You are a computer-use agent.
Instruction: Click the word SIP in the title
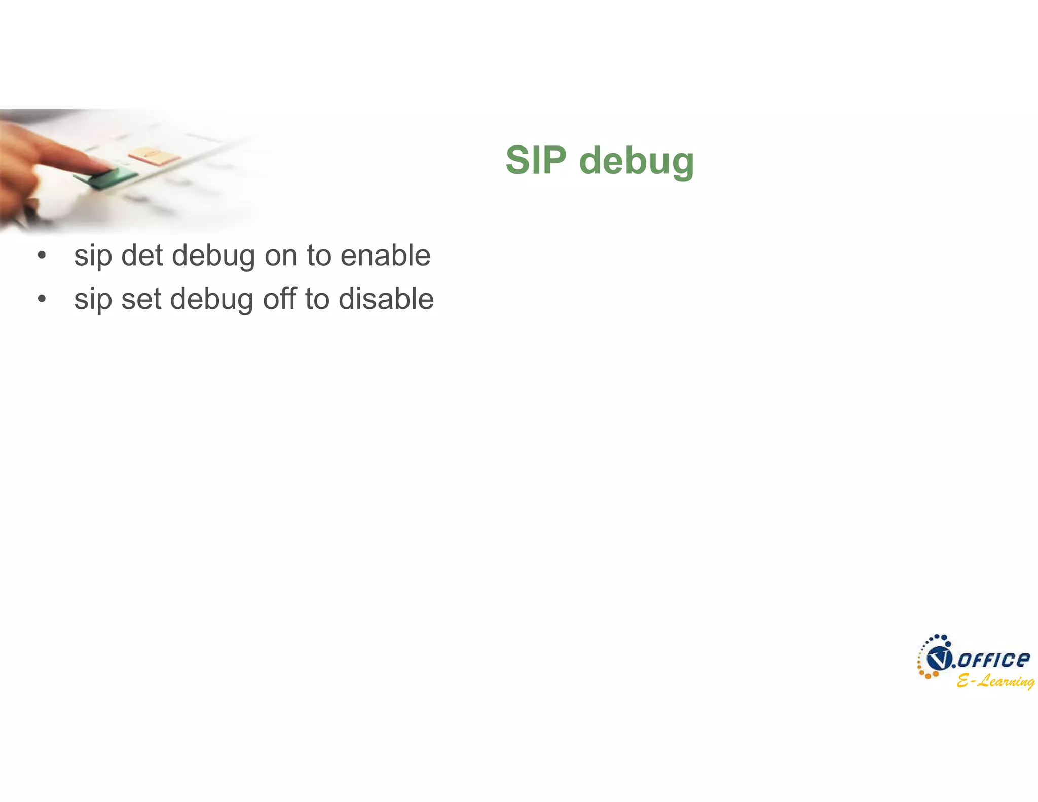[536, 160]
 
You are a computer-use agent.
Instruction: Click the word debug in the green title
[636, 161]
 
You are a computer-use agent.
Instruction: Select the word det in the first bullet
[142, 255]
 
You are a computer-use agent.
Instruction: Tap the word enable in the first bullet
[385, 255]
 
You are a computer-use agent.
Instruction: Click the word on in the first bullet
[281, 256]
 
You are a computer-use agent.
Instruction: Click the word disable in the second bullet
[386, 299]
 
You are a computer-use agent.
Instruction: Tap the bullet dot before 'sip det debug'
[42, 255]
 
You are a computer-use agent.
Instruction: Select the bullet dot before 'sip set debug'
[42, 299]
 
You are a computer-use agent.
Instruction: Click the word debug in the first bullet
[213, 256]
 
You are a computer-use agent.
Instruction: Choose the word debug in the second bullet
[212, 300]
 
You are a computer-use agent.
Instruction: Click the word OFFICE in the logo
[994, 660]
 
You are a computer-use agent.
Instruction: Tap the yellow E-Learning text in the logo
[995, 681]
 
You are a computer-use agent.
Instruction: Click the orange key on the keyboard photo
[154, 155]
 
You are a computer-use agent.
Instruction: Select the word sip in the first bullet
[93, 256]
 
